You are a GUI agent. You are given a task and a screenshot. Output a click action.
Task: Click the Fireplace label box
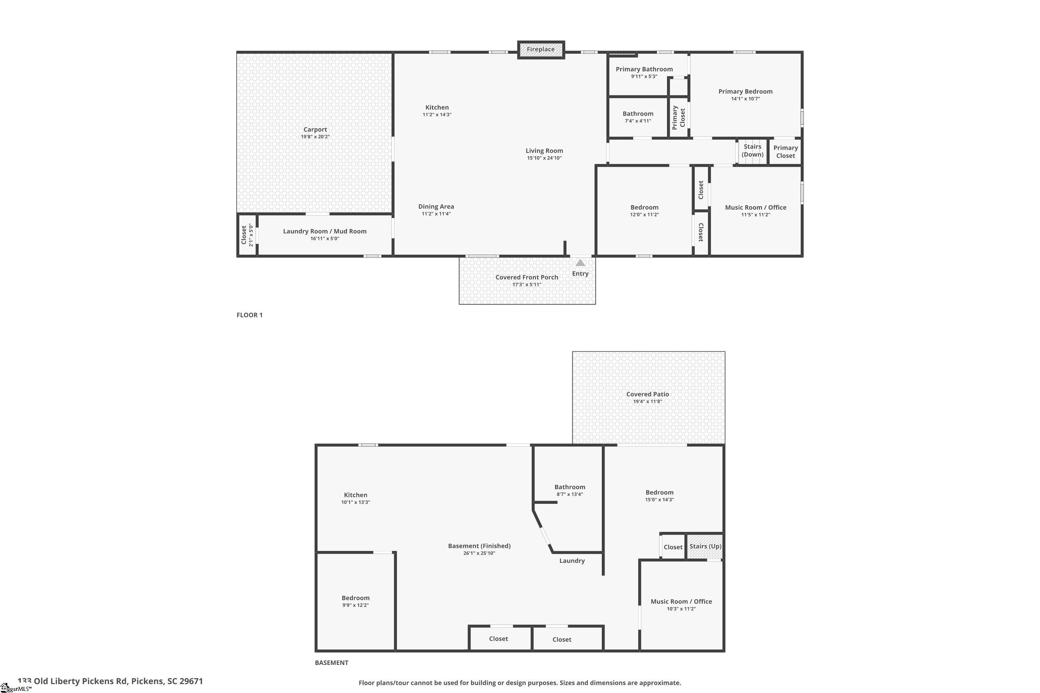pos(541,50)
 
